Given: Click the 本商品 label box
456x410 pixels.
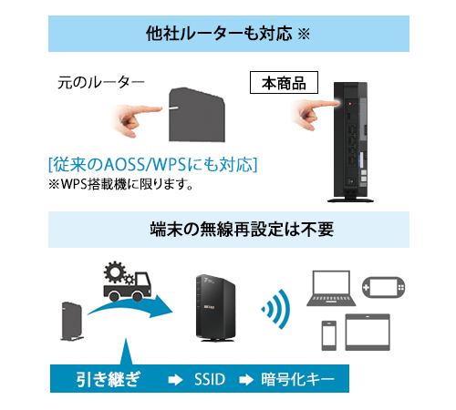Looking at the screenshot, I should point(284,82).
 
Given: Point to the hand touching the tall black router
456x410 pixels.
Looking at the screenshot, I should point(311,111).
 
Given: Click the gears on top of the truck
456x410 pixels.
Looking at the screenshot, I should point(120,271).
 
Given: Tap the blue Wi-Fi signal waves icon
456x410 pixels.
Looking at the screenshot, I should point(273,311).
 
